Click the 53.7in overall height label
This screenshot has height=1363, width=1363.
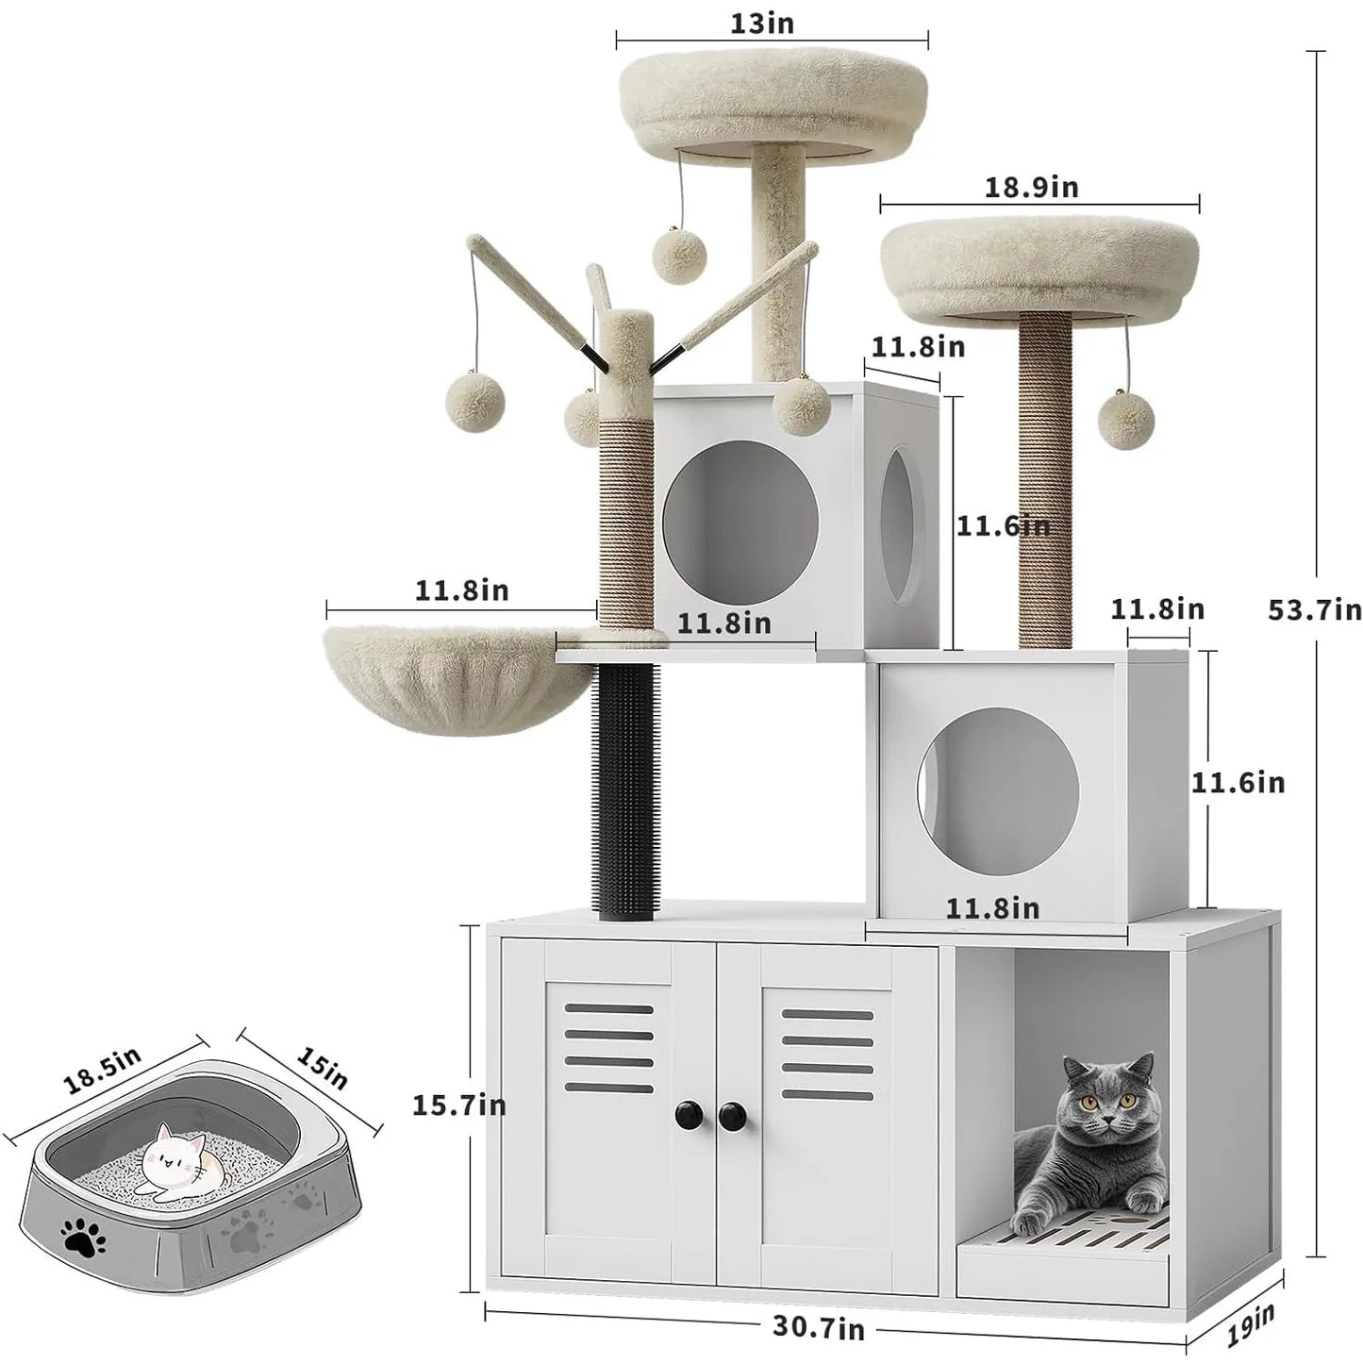[x=1314, y=610]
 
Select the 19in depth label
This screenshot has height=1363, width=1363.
[x=1251, y=1325]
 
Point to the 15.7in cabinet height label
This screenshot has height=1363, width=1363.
[x=458, y=1105]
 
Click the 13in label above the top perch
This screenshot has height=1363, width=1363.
[x=762, y=24]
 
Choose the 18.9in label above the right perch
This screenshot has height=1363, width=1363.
[x=1031, y=187]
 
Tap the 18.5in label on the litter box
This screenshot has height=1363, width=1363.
[x=102, y=1071]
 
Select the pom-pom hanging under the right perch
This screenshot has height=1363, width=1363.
[x=1126, y=420]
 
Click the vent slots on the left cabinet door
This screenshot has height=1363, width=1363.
[x=608, y=1048]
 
